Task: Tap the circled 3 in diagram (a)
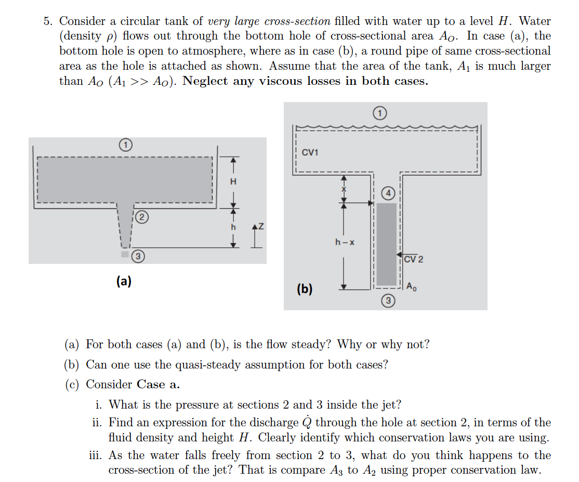pyautogui.click(x=138, y=256)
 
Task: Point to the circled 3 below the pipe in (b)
pyautogui.click(x=388, y=301)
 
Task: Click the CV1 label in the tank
pyautogui.click(x=310, y=153)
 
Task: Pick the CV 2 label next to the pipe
pyautogui.click(x=414, y=259)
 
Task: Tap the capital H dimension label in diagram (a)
pyautogui.click(x=233, y=182)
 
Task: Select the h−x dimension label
pyautogui.click(x=345, y=242)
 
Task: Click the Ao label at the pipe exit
pyautogui.click(x=411, y=286)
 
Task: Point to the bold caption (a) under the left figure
pyautogui.click(x=123, y=281)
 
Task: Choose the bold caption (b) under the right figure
pyautogui.click(x=305, y=289)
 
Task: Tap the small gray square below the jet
pyautogui.click(x=124, y=255)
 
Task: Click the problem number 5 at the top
pyautogui.click(x=48, y=21)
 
